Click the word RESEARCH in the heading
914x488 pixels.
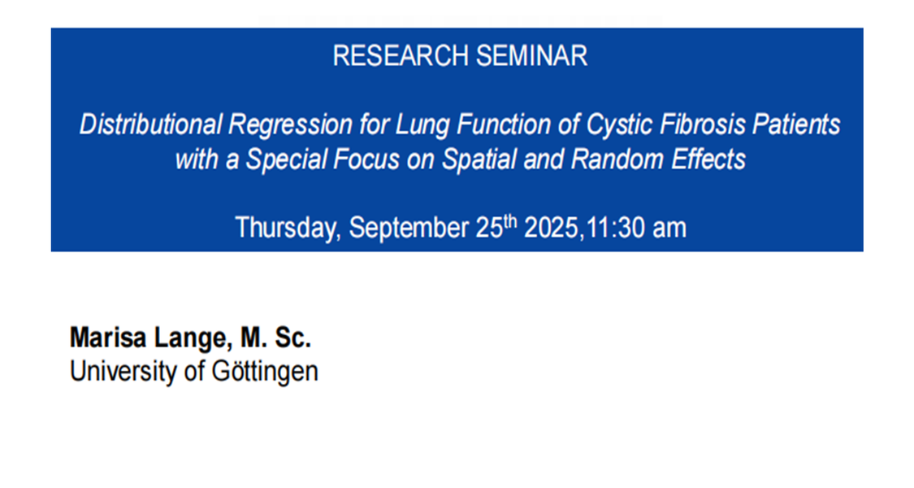tap(401, 56)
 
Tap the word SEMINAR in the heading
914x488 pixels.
tap(531, 56)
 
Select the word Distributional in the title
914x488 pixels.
tap(150, 124)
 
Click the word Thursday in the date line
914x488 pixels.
tap(288, 229)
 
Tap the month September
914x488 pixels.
tap(409, 229)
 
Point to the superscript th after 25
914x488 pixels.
tap(510, 222)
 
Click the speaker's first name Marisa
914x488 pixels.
tap(108, 338)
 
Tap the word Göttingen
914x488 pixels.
tap(265, 372)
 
